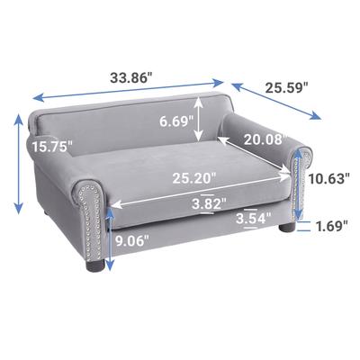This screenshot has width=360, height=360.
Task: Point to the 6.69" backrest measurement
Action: (x=169, y=121)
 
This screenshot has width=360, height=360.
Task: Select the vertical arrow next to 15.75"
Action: (x=17, y=164)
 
